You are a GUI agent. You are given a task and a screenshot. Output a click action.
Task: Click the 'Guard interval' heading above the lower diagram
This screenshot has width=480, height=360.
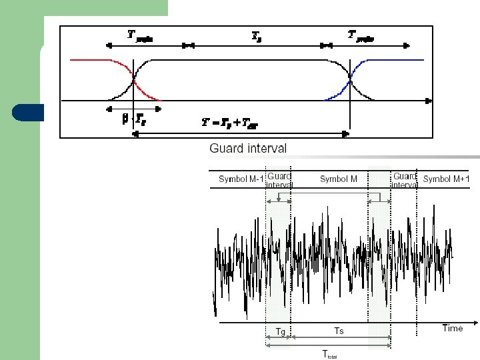tap(248, 149)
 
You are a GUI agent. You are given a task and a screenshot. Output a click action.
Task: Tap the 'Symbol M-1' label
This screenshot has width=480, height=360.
tap(241, 179)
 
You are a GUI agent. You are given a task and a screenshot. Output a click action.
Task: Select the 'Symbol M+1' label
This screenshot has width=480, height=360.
tap(446, 179)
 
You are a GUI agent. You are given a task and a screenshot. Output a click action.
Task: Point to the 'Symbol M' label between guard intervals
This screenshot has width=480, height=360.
tap(339, 179)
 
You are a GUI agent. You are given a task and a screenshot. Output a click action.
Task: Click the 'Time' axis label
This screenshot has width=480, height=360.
tap(452, 328)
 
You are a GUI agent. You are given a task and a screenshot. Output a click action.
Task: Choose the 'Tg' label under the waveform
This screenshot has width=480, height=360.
tap(281, 331)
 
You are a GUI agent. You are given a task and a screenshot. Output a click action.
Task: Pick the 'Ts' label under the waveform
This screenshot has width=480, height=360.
tap(339, 331)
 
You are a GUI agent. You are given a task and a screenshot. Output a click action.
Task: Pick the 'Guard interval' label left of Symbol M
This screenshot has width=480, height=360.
tap(279, 179)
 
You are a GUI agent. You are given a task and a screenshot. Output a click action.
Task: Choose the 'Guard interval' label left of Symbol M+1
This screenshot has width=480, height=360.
tap(405, 180)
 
